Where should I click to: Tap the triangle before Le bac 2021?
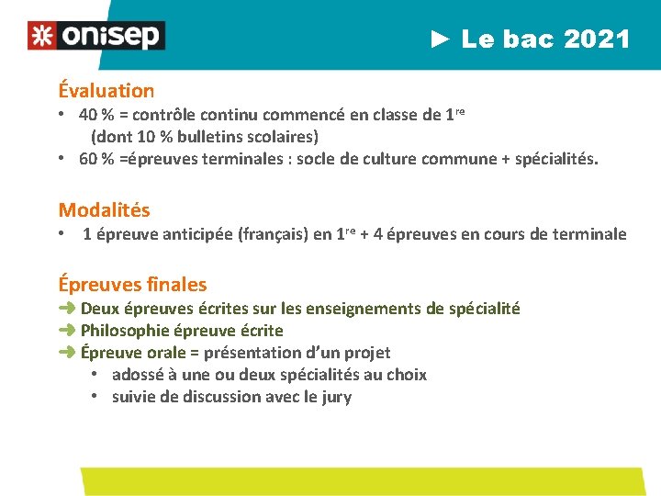441,39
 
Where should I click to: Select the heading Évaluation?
106,91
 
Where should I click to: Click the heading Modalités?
104,210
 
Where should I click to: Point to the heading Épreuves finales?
132,285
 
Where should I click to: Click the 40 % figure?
95,115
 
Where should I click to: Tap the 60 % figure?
95,159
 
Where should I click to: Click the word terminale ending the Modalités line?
588,234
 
